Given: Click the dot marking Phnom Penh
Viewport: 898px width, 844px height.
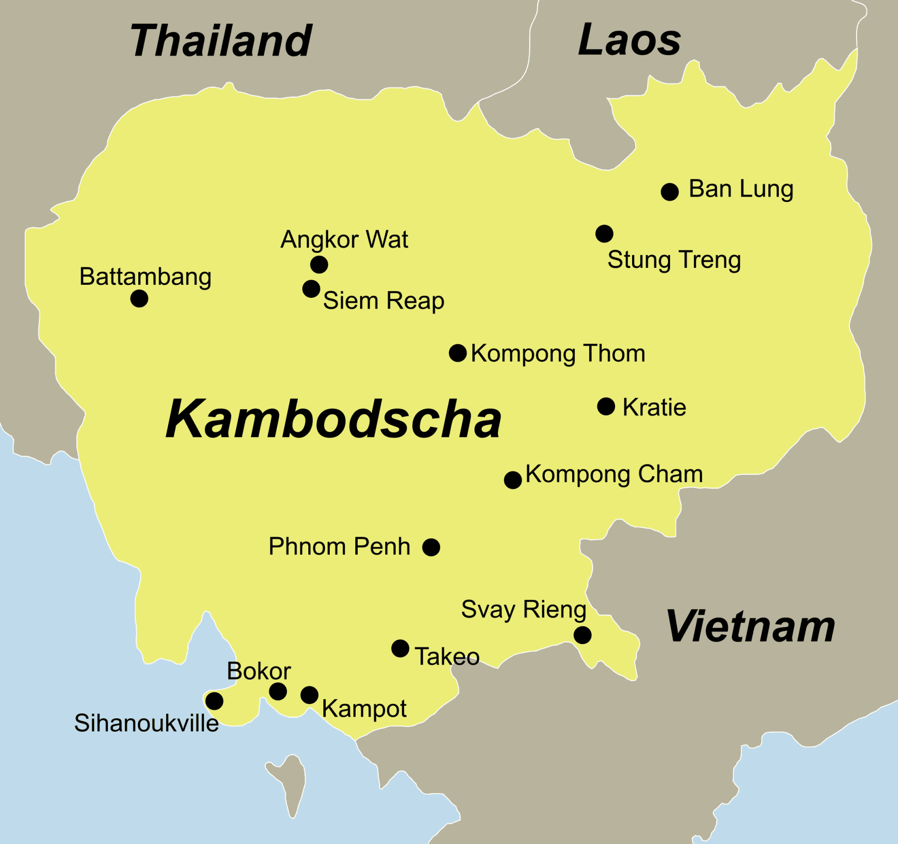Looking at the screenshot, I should coord(431,547).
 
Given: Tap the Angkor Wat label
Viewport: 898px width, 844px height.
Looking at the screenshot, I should coord(344,239).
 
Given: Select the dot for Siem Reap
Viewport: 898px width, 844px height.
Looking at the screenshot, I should coord(311,289).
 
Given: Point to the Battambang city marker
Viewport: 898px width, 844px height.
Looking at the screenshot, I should coord(139,299).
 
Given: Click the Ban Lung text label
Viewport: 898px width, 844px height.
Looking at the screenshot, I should coord(741,190).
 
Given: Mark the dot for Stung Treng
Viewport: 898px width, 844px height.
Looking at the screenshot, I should coord(604,233).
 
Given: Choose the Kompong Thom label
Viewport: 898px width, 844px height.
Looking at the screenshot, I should coord(558,354).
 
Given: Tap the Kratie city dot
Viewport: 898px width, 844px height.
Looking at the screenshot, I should coord(606,407).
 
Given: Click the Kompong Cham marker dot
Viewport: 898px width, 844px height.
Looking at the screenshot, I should coord(513,480).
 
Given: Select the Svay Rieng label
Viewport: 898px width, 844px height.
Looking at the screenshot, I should coord(523,610).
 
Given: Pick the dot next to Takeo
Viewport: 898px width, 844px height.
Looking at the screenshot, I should coord(400,648).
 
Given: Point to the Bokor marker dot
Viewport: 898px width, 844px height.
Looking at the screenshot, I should coord(278,691).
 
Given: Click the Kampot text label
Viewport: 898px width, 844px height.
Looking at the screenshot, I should coord(364,709).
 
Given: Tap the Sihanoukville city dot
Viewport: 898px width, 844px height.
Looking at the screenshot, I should coord(215,701).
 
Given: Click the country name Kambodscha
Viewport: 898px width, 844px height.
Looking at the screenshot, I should coord(333,420).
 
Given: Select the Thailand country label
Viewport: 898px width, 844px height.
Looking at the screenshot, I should coord(221,41).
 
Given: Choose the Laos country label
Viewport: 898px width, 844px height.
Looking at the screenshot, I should coord(630,40).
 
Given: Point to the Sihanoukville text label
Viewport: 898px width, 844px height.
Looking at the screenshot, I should coord(146,723).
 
